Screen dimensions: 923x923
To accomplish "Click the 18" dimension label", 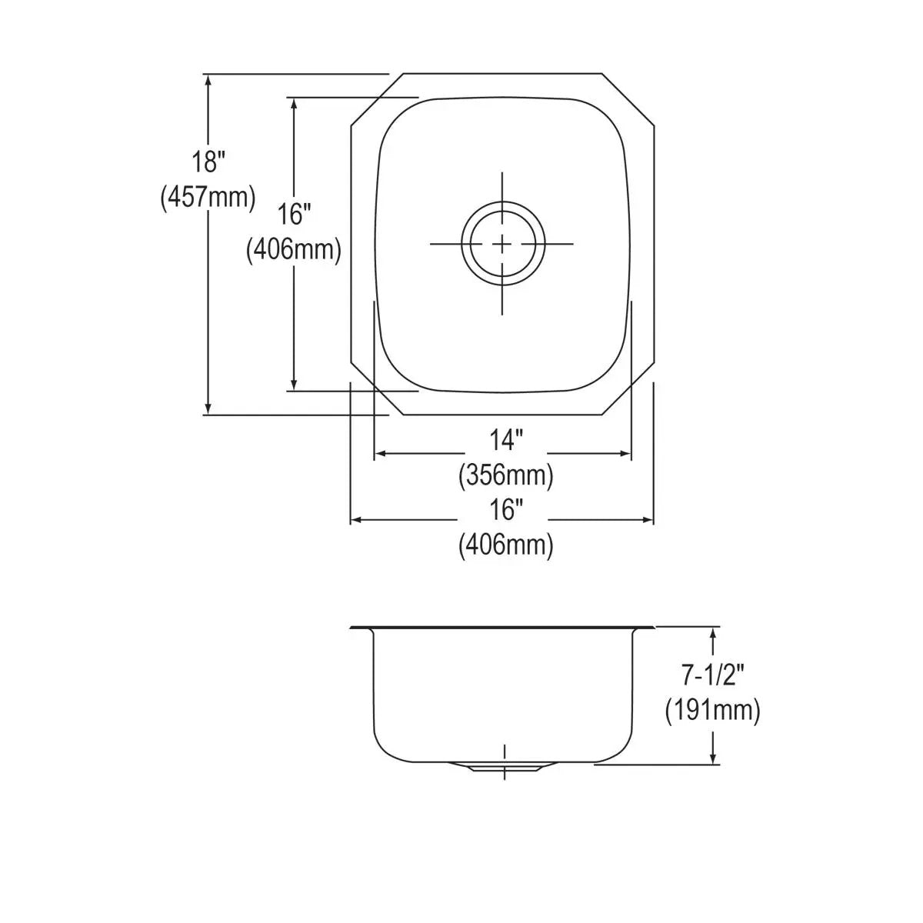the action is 208,162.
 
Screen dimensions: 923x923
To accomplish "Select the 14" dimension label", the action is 506,439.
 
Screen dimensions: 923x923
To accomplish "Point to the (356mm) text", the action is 506,475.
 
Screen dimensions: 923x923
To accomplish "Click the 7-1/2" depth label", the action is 712,676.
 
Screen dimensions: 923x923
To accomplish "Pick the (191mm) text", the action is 712,711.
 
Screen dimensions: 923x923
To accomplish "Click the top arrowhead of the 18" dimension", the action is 208,82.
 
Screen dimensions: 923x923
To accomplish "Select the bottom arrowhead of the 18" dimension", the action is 208,408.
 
